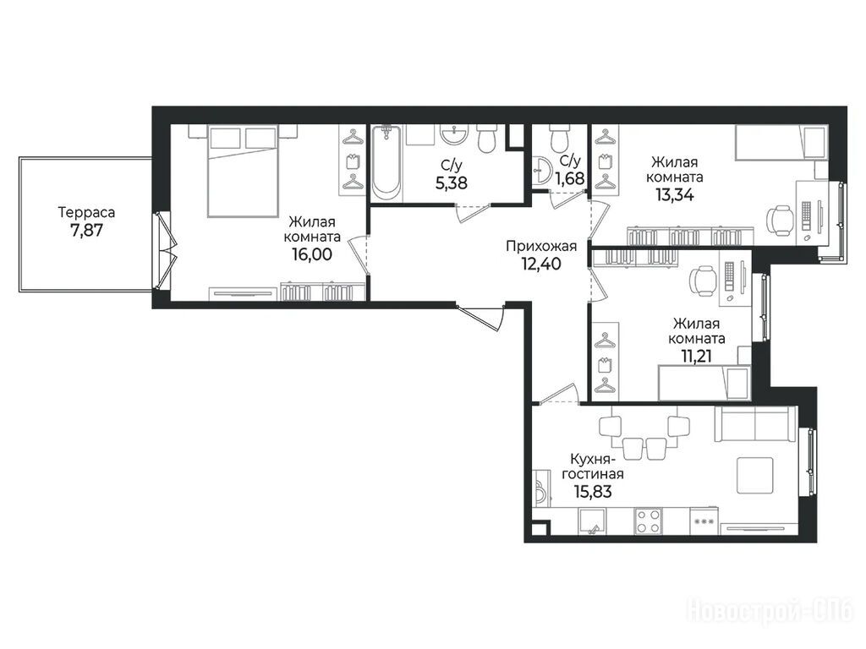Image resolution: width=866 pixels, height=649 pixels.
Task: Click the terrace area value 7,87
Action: [x=87, y=230]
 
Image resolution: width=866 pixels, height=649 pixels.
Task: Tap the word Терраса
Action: [x=87, y=212]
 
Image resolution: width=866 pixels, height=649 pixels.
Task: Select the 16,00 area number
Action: [x=312, y=254]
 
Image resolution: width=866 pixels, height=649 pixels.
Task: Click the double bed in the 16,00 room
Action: [x=242, y=171]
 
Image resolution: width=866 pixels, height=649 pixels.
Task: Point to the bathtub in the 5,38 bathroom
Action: [x=386, y=163]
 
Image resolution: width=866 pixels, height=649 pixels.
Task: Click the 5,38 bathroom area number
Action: [x=452, y=183]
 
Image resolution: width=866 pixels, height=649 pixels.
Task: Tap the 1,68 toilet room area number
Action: [x=570, y=179]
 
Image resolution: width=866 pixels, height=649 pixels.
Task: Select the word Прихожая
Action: [x=541, y=246]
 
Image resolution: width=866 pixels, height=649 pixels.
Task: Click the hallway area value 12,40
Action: [x=541, y=264]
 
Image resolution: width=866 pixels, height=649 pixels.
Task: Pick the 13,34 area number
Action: [x=674, y=194]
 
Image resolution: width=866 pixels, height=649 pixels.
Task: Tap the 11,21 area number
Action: [x=697, y=356]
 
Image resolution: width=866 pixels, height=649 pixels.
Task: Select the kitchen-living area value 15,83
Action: [x=593, y=491]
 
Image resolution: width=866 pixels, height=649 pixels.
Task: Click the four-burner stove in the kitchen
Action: [x=649, y=521]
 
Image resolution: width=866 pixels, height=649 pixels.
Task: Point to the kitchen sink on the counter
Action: [x=591, y=521]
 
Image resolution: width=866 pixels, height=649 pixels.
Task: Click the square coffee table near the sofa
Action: [x=756, y=475]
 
